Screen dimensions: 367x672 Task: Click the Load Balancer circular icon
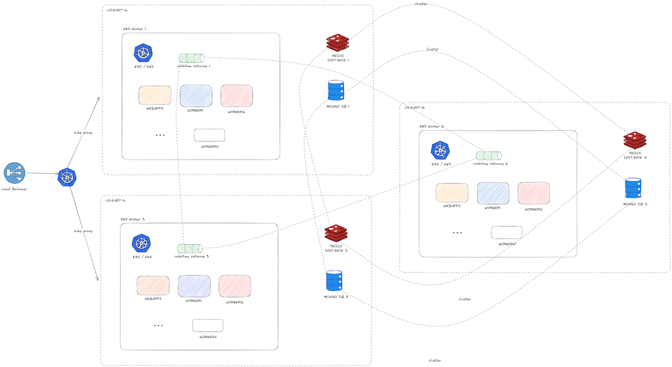pyautogui.click(x=14, y=173)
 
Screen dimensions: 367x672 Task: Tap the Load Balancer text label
pyautogui.click(x=14, y=189)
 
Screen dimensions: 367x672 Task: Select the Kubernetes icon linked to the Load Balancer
pyautogui.click(x=67, y=176)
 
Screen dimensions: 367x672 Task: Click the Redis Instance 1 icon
pyautogui.click(x=337, y=43)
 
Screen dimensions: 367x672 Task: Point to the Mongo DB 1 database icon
pyautogui.click(x=336, y=90)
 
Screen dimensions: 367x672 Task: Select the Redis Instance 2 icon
pyautogui.click(x=635, y=139)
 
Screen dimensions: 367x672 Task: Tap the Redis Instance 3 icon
pyautogui.click(x=336, y=232)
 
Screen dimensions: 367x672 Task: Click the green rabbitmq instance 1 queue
pyautogui.click(x=191, y=58)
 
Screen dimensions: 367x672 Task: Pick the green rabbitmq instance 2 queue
pyautogui.click(x=488, y=156)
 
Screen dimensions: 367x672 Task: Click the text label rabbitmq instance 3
pyautogui.click(x=191, y=257)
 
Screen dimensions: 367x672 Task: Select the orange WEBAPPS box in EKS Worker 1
pyautogui.click(x=155, y=95)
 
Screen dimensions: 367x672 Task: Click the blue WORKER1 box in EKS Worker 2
pyautogui.click(x=493, y=192)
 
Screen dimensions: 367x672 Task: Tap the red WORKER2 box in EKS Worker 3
pyautogui.click(x=234, y=286)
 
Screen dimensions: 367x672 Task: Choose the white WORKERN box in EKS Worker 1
pyautogui.click(x=209, y=135)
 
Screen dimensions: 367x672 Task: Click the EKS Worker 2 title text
pyautogui.click(x=432, y=126)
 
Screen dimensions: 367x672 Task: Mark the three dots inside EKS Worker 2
pyautogui.click(x=457, y=232)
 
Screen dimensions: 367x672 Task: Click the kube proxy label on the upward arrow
pyautogui.click(x=83, y=132)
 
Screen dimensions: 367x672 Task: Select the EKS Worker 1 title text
pyautogui.click(x=135, y=29)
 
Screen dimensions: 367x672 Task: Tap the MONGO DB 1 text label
pyautogui.click(x=338, y=106)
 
